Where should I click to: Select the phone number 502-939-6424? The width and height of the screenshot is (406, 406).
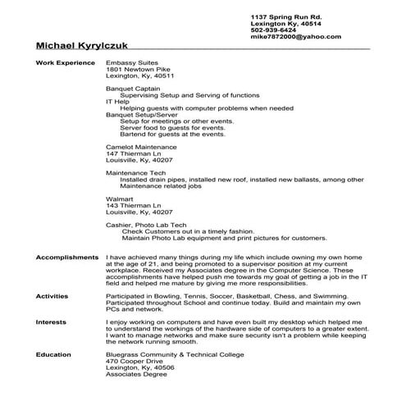tap(274, 30)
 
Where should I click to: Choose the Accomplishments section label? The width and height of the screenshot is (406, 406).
tap(67, 258)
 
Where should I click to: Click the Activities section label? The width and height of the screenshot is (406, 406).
tap(52, 294)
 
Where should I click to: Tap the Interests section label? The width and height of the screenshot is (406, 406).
tap(51, 323)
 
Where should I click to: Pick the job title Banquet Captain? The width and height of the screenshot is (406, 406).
tap(133, 88)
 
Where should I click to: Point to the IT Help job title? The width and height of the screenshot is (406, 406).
tap(118, 101)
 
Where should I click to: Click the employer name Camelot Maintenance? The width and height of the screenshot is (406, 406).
tap(142, 145)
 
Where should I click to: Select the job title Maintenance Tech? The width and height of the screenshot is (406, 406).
tap(135, 173)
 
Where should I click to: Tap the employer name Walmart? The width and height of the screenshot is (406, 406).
tap(120, 198)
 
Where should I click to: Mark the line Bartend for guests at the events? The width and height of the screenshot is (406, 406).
tap(172, 134)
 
